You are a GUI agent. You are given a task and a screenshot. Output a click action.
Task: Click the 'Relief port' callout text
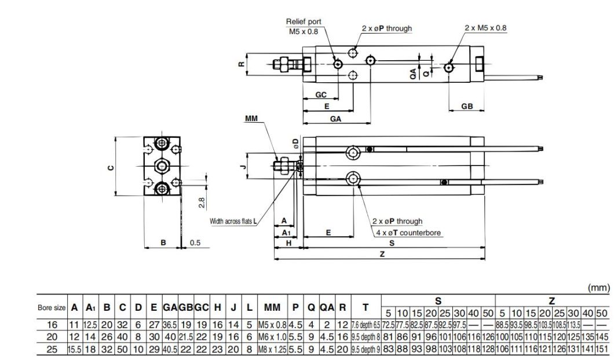point(304,21)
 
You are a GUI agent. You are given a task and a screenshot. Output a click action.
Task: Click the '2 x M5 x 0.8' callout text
point(485,27)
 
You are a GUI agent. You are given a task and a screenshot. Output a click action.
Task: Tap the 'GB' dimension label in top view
point(467,106)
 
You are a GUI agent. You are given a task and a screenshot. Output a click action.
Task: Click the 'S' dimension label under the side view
point(392,243)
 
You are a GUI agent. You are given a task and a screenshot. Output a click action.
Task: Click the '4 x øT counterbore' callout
point(408,233)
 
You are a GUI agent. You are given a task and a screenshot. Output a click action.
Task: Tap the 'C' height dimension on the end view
point(110,167)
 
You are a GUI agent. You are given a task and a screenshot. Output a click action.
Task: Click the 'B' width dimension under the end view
point(163,243)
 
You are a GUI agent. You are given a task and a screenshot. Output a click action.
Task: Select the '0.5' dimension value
point(195,243)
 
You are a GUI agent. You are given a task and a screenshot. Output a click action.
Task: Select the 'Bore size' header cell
point(52,307)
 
